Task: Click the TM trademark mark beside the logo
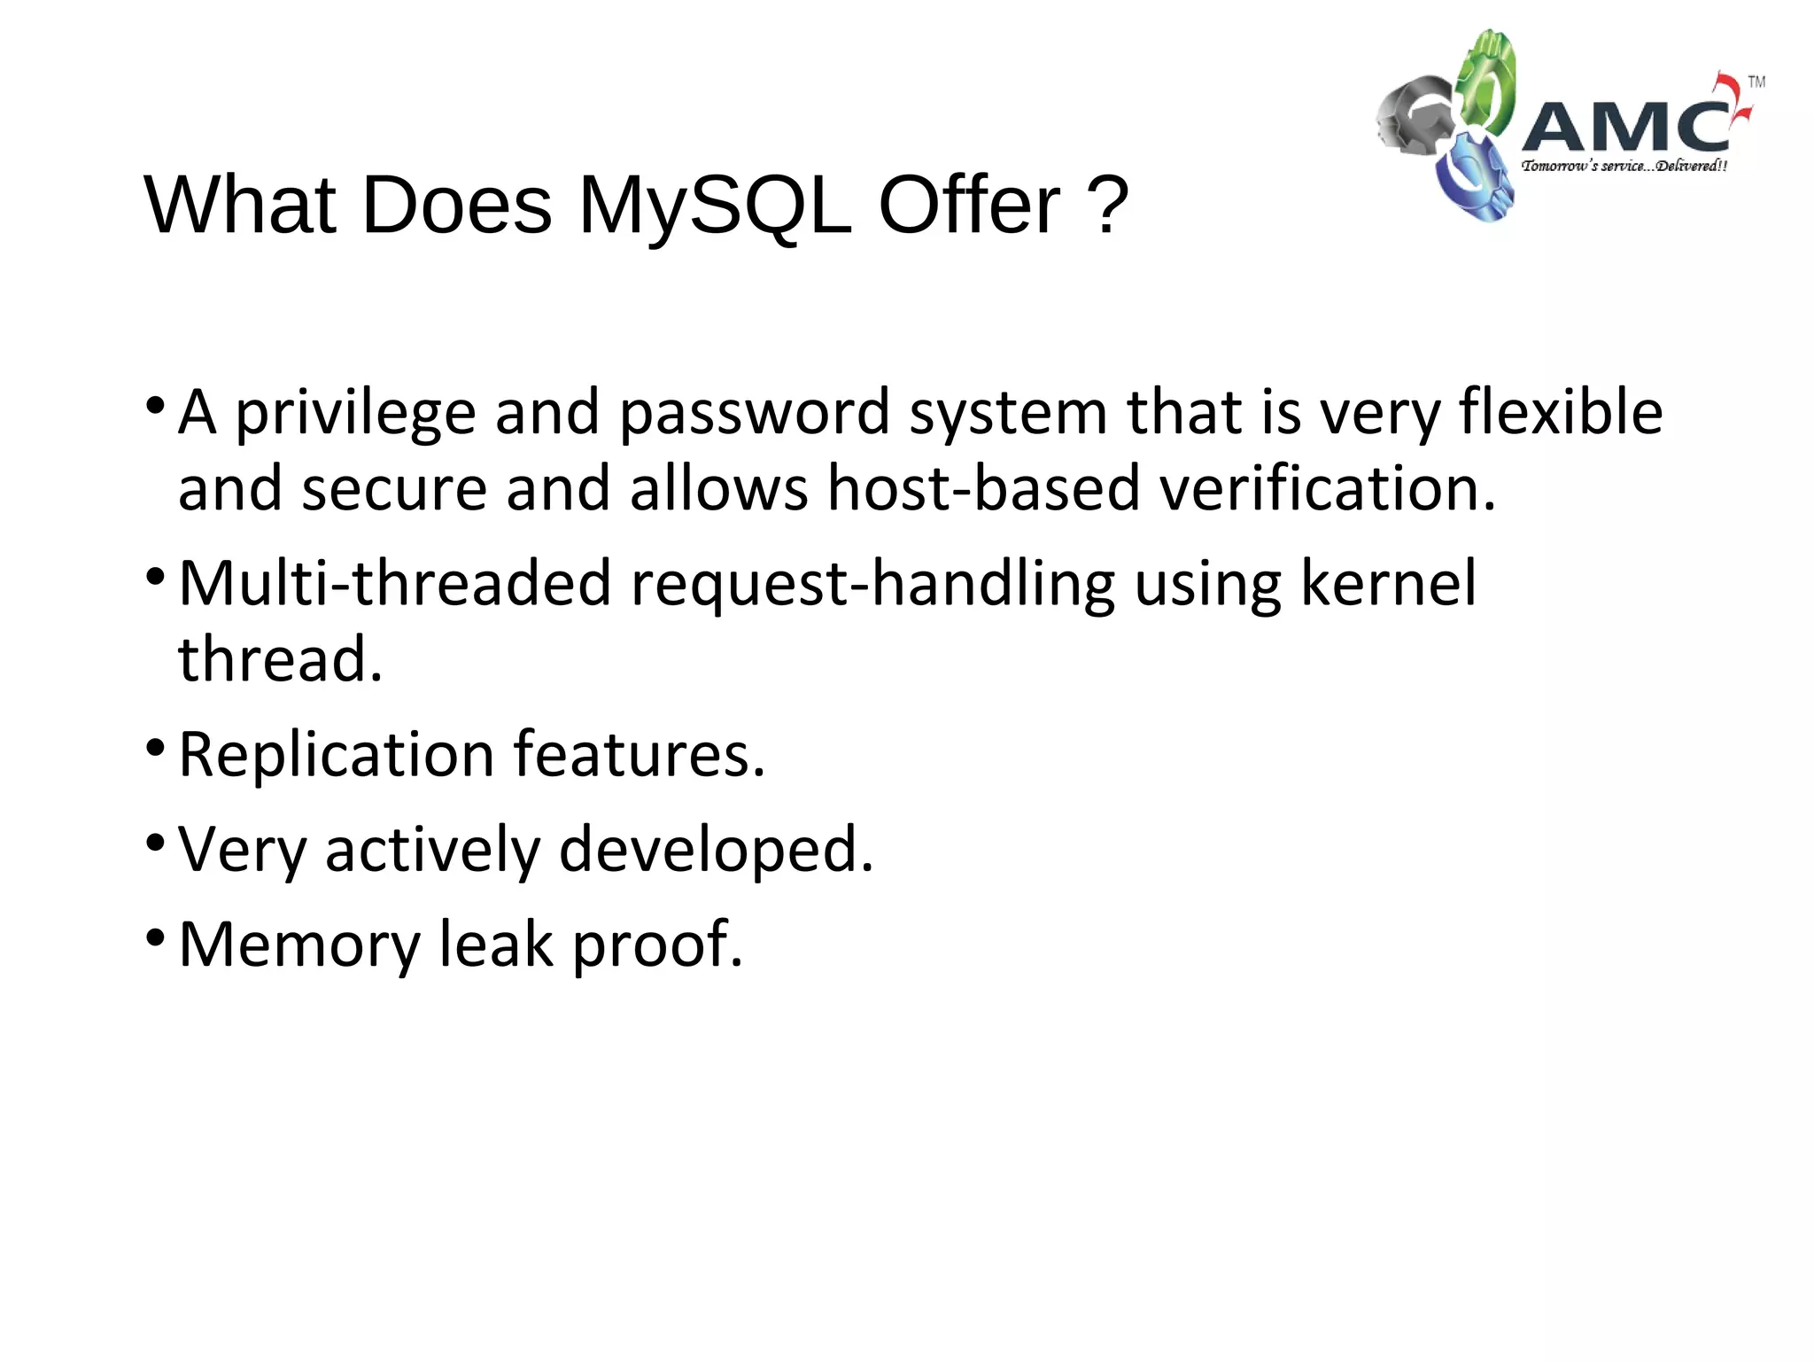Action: [x=1756, y=82]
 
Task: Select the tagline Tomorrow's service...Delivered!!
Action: [x=1624, y=166]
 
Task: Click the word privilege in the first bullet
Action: [x=355, y=413]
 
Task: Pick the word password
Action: [x=754, y=413]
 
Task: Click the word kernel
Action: [x=1388, y=583]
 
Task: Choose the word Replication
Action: [x=337, y=755]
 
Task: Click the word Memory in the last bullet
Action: [x=299, y=945]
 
